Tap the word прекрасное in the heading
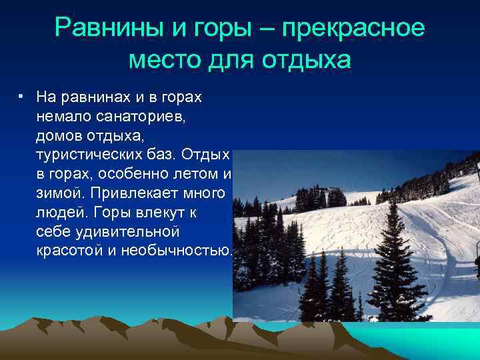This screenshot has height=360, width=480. pyautogui.click(x=353, y=28)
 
